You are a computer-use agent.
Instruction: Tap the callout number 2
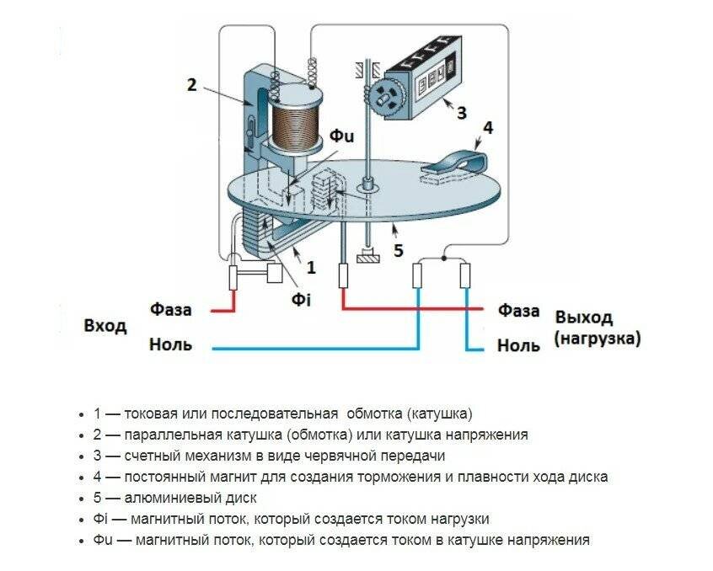coord(192,84)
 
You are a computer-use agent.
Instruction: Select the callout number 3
coord(460,112)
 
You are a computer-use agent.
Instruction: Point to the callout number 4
coord(487,128)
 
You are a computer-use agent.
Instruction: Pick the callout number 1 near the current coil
coord(311,268)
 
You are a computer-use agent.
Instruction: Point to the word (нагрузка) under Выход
coord(598,339)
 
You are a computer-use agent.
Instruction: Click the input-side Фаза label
coord(171,309)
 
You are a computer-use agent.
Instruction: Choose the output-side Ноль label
coord(518,345)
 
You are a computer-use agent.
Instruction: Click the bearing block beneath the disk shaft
coord(367,258)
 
